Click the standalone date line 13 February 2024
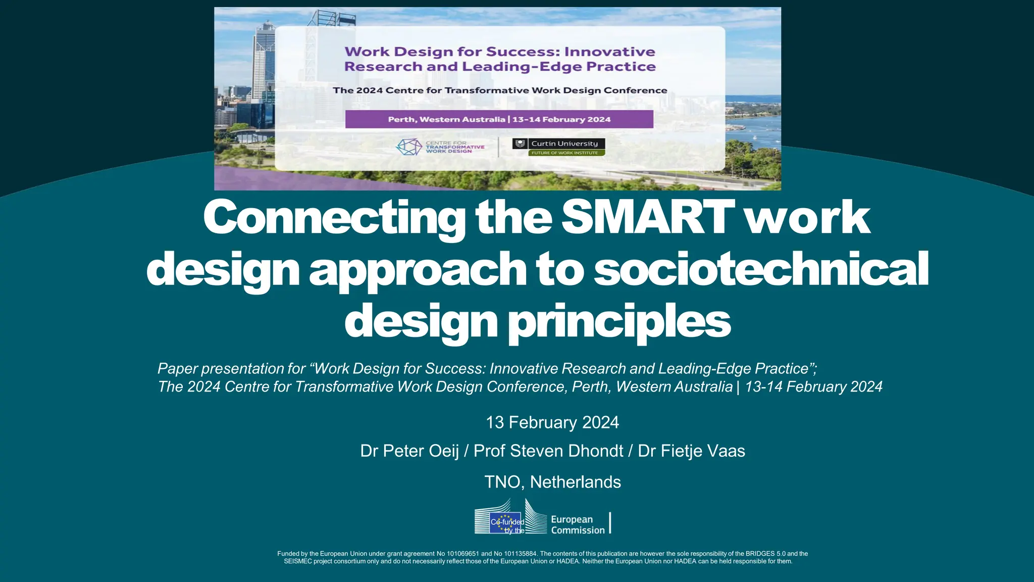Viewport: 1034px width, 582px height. (x=552, y=422)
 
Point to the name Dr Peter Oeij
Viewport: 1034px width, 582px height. (x=409, y=451)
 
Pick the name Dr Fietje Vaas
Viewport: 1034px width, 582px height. (x=691, y=451)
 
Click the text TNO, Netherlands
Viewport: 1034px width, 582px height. (x=552, y=482)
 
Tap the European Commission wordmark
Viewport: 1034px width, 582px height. (x=577, y=524)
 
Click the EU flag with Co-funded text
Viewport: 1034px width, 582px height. (x=505, y=523)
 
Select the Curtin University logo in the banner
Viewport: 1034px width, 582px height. (x=558, y=143)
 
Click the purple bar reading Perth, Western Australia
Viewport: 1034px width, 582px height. (x=499, y=119)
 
